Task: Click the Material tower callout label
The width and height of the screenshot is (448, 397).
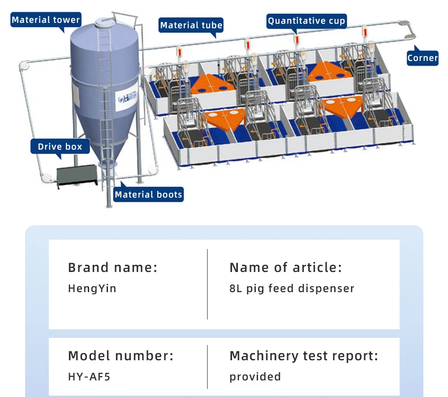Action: point(46,20)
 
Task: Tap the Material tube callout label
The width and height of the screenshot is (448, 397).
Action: point(191,25)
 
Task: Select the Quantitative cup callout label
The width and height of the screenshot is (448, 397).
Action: point(306,21)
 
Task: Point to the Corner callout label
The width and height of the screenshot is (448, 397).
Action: point(422,58)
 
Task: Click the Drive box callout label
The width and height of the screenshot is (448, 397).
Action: point(60,147)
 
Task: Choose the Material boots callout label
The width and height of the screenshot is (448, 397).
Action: point(148,194)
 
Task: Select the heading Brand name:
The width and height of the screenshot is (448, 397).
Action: point(112,268)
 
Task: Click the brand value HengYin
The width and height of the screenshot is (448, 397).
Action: point(92,289)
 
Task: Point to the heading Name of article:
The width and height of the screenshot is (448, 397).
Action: point(286,268)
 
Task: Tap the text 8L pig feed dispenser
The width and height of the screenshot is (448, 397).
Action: point(292,289)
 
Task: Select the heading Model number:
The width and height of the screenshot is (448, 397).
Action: point(121,356)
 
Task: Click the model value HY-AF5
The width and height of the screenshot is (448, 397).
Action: point(89,377)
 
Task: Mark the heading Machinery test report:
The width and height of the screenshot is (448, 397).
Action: point(304,356)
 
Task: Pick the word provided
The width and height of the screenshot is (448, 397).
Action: point(255,377)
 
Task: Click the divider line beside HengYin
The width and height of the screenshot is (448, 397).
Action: point(207,284)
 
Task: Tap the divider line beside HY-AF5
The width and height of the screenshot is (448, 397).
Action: point(207,367)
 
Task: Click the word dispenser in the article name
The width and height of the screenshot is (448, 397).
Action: point(326,289)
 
